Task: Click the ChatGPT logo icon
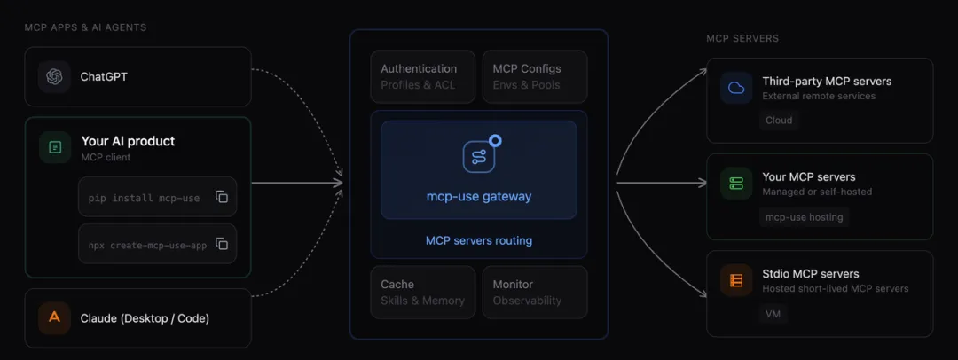point(54,76)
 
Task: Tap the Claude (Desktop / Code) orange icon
point(54,317)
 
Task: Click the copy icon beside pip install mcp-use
point(222,197)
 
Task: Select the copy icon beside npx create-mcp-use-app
point(222,244)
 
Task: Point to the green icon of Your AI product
point(54,147)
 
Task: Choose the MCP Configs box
point(533,76)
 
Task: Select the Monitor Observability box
point(533,292)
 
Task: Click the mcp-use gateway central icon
point(479,156)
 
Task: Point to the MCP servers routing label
point(479,240)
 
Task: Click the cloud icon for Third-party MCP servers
point(735,88)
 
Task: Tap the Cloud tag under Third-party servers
point(779,120)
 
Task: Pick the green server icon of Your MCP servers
point(735,184)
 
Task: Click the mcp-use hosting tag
point(804,216)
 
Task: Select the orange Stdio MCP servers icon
point(735,280)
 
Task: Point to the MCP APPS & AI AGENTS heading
point(85,27)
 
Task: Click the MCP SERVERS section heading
point(742,39)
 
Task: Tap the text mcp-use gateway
point(479,196)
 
